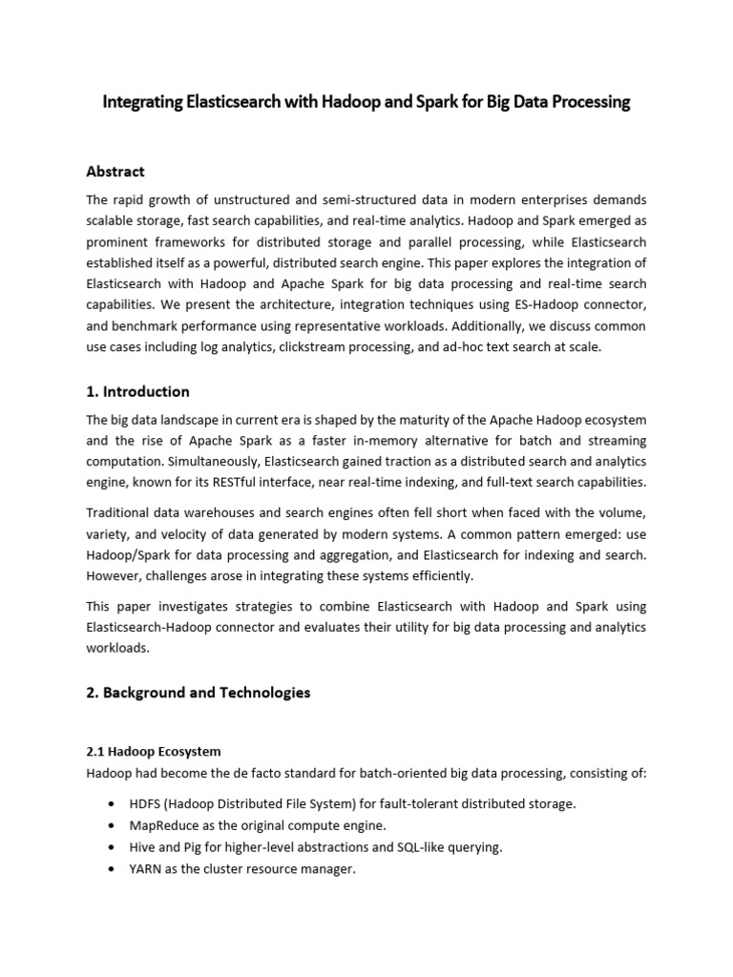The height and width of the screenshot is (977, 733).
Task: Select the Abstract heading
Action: [115, 172]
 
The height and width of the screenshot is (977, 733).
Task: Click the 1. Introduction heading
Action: [137, 391]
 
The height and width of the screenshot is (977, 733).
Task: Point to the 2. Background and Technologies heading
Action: [199, 693]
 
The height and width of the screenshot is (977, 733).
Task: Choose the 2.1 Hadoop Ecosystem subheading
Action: [154, 752]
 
